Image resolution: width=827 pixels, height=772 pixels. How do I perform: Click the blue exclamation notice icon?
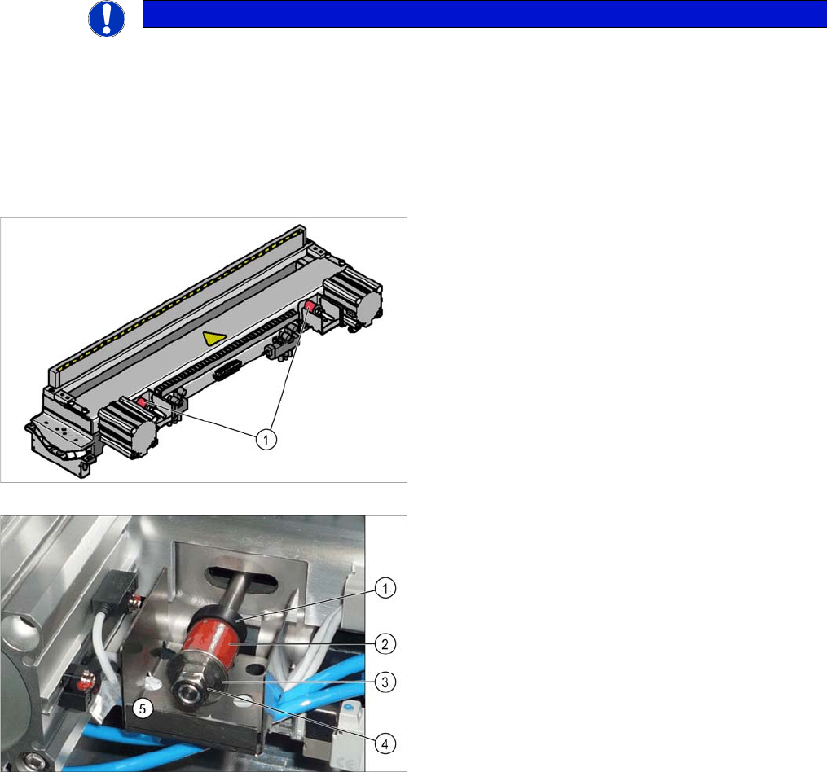tap(107, 19)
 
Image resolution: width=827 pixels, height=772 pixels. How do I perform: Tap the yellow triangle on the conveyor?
tap(214, 338)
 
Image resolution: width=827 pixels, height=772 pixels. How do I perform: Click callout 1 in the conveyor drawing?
tap(266, 439)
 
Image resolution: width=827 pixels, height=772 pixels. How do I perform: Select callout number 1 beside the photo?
tap(385, 588)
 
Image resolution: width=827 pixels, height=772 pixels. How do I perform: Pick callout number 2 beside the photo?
tap(385, 644)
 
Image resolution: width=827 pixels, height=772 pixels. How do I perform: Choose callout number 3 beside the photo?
tap(385, 682)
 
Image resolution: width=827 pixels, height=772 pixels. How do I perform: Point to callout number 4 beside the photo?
tap(385, 744)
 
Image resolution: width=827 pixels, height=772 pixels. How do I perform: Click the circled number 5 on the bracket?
tap(143, 708)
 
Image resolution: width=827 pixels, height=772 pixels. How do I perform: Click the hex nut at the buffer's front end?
tap(193, 686)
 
